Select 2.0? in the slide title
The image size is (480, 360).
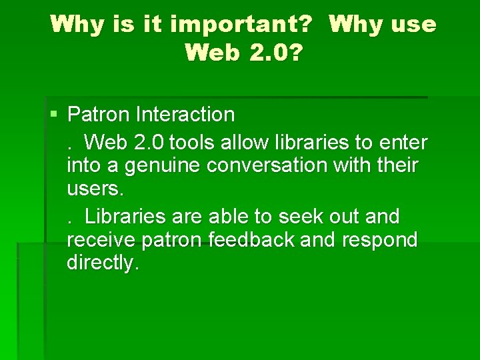(x=272, y=51)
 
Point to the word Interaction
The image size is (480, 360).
(x=185, y=115)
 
